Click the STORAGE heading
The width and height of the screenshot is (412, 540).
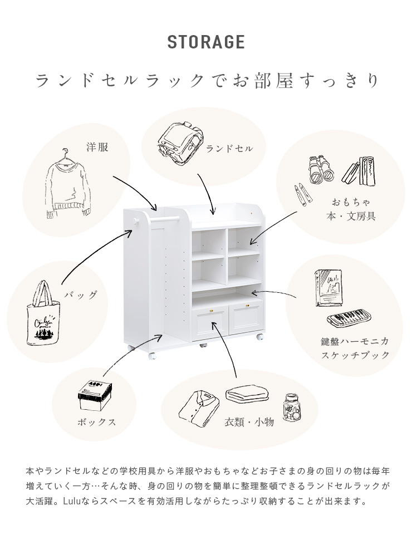206,42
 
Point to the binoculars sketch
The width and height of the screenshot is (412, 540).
321,169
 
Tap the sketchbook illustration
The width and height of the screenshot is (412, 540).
328,288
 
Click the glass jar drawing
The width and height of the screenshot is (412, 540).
292,408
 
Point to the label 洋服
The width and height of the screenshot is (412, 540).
97,148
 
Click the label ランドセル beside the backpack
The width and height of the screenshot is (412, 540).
229,149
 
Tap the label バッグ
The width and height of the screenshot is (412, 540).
81,295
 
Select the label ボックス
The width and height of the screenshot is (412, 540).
97,422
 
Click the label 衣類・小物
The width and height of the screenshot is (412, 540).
249,421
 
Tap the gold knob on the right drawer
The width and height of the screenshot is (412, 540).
247,305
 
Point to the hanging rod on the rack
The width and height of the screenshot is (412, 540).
165,218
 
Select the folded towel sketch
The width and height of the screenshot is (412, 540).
247,394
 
